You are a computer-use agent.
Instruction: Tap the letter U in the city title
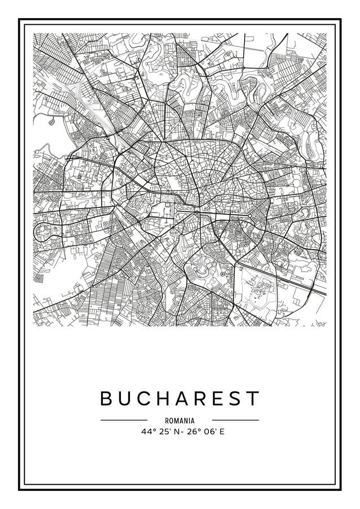[x=126, y=398]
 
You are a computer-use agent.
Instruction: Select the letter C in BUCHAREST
[x=145, y=398]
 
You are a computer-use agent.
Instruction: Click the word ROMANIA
[x=180, y=421]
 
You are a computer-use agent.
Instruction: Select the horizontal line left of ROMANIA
[x=124, y=420]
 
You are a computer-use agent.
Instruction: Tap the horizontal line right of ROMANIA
[x=235, y=420]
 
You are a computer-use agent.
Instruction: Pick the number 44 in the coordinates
[x=146, y=433]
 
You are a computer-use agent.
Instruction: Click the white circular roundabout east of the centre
[x=249, y=216]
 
